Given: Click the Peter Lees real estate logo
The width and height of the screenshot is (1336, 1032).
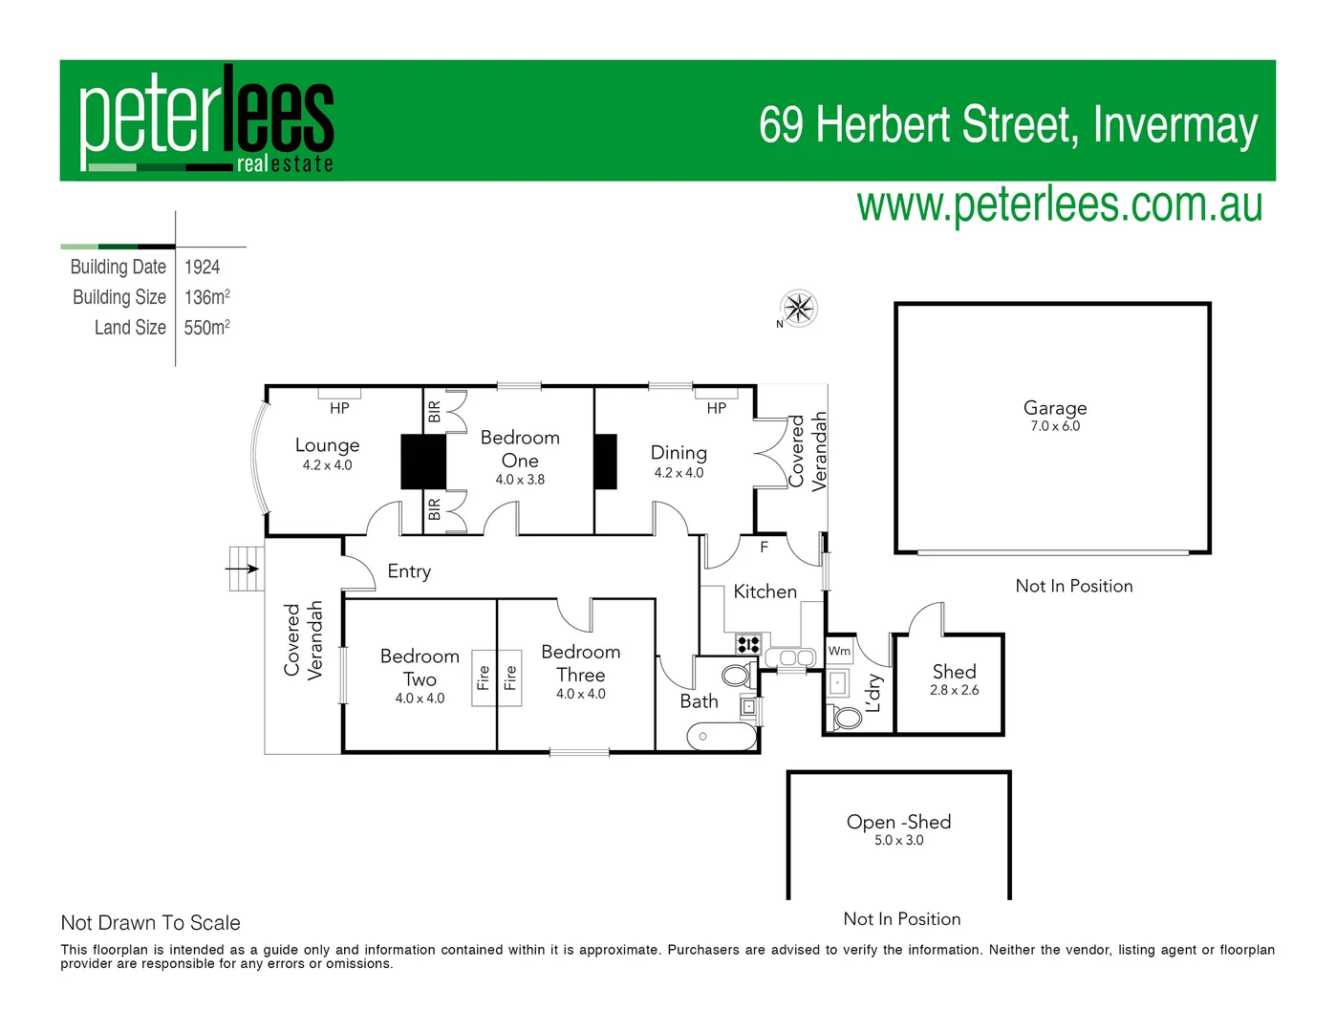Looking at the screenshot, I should point(206,120).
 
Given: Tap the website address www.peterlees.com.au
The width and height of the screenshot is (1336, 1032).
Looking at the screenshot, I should point(1059,205).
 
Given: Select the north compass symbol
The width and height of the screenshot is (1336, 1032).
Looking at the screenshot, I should point(798,308).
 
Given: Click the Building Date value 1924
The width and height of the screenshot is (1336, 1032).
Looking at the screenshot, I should point(202,268).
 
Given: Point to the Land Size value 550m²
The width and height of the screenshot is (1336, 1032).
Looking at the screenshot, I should point(206,328).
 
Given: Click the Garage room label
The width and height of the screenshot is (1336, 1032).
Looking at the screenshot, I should point(1054,408).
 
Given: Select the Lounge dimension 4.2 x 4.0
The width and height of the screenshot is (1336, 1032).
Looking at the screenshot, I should point(327,465).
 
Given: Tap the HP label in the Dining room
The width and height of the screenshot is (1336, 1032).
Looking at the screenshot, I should point(716,408).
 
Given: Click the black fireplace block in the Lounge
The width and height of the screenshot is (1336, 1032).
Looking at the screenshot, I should point(422,462).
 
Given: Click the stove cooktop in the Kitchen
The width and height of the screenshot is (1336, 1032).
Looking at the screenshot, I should point(747,643).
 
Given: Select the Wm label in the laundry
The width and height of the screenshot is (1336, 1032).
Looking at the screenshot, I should point(839,651).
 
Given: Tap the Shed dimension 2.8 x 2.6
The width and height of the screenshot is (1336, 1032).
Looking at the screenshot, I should point(954,690).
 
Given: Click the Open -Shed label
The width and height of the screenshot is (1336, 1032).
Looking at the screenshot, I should point(898,822).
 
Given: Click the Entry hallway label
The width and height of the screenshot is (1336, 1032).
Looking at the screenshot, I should point(409,571).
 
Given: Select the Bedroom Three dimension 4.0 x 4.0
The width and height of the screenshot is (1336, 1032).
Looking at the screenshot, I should point(580,695).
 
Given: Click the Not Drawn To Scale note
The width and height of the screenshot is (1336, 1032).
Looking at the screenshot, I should point(150,923).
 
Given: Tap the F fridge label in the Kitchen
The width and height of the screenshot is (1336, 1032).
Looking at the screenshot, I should point(764,548).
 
